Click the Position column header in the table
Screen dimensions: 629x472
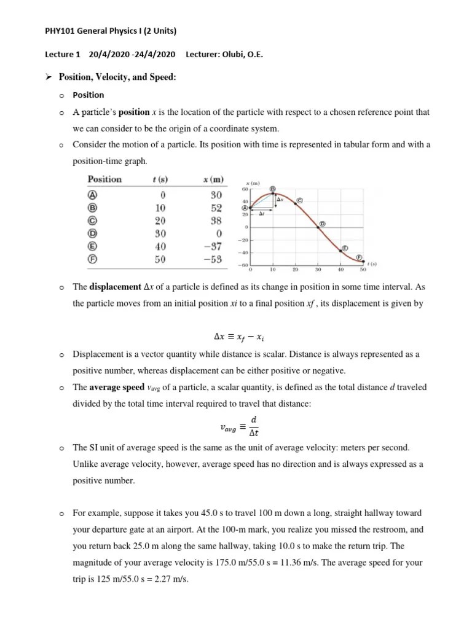[104, 179]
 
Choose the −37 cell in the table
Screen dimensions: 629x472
[212, 246]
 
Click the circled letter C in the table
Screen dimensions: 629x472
[93, 221]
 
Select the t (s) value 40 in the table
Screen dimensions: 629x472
[160, 246]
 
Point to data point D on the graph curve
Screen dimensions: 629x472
[318, 227]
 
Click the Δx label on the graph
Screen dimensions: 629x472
[280, 200]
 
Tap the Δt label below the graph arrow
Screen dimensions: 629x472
[261, 214]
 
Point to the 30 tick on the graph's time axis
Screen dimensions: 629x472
[318, 270]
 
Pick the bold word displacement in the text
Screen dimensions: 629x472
[115, 287]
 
